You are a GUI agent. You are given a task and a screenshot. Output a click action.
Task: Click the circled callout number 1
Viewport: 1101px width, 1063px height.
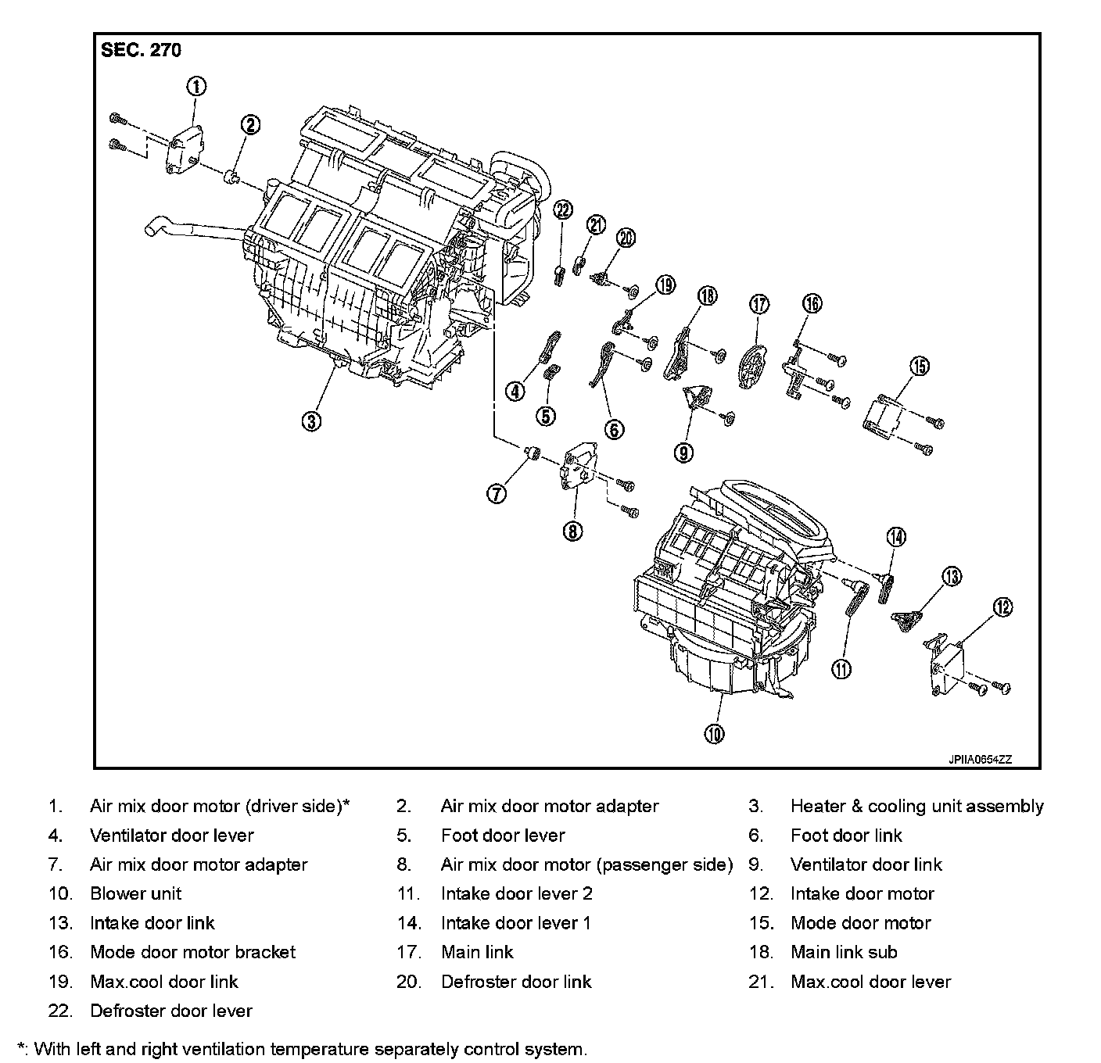coord(195,87)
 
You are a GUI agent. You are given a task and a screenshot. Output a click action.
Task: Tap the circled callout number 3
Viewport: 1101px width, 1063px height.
coord(311,421)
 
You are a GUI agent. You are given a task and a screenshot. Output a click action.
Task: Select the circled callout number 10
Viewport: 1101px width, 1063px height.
coord(714,733)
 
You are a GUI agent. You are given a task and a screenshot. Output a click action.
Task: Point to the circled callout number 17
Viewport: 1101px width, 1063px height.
coord(759,304)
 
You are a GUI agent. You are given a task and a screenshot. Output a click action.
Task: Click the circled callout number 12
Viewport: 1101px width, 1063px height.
coord(1002,607)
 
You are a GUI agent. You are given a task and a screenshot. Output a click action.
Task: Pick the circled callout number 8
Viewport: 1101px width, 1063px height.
coord(572,531)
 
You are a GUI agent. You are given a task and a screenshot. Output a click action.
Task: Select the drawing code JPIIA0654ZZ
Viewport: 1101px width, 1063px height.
coord(981,759)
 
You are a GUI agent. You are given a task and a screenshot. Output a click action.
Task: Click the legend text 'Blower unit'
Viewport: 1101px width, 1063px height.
coord(135,893)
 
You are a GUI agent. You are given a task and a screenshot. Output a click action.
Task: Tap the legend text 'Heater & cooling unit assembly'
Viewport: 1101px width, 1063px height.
coord(916,806)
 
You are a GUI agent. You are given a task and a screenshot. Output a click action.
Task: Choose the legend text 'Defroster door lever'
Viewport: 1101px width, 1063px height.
coord(171,1011)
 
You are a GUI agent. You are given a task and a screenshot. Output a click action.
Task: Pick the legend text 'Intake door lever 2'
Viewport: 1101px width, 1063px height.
coord(516,893)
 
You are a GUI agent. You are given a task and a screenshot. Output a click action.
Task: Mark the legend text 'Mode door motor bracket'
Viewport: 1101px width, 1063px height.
coord(192,952)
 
